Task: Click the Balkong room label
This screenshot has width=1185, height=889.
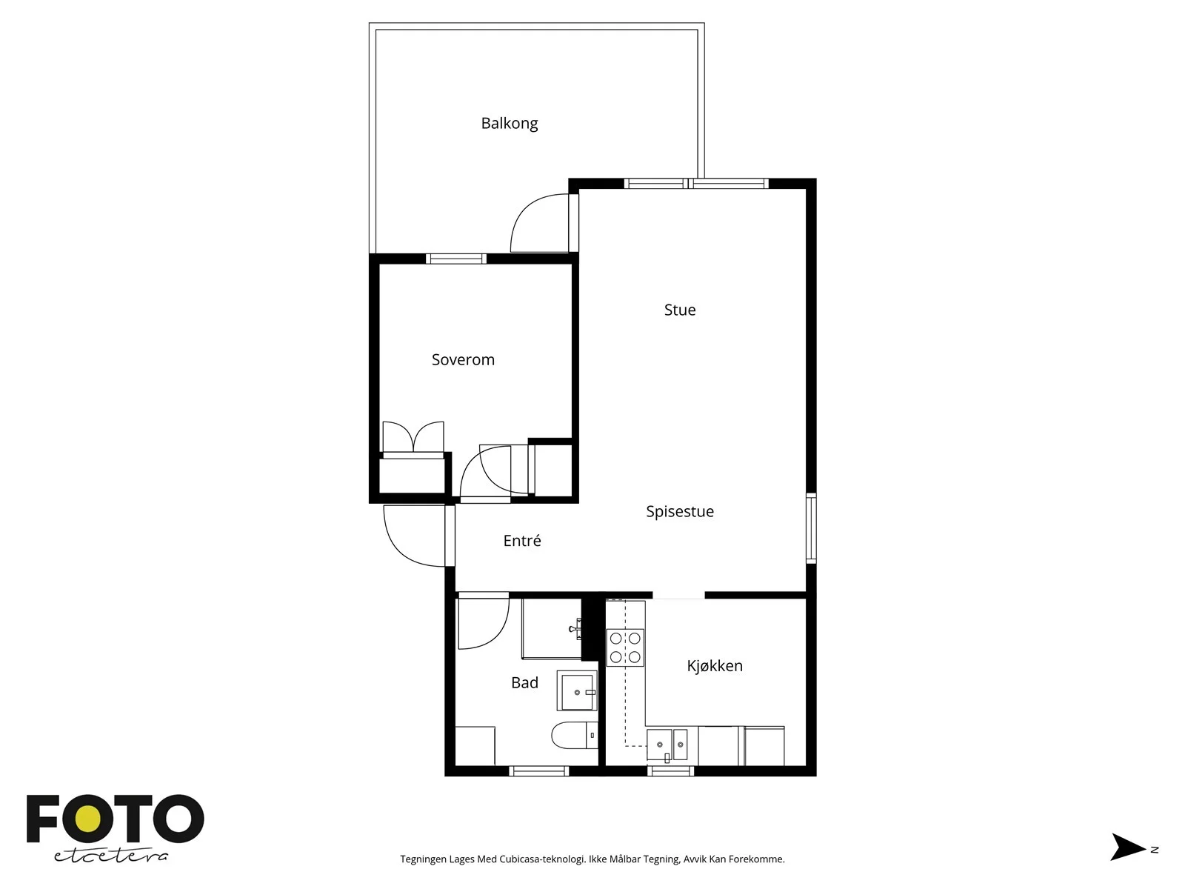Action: point(509,124)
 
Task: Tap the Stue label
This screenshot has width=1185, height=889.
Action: point(680,310)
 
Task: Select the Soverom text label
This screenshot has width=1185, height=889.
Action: point(463,359)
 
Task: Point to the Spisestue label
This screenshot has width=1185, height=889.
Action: point(680,511)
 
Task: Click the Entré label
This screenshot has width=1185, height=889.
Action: point(522,540)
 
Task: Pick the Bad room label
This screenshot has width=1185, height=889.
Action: point(525,683)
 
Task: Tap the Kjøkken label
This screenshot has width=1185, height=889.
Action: point(715,666)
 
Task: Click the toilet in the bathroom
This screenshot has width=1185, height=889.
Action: point(575,735)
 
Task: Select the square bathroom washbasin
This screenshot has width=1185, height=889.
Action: point(577,691)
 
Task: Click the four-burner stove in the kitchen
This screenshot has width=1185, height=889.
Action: point(625,647)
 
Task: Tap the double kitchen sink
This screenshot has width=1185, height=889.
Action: point(667,745)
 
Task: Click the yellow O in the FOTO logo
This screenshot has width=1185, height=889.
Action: point(88,819)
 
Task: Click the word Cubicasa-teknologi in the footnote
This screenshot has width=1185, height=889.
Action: point(543,859)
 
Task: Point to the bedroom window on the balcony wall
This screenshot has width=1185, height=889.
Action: point(456,259)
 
